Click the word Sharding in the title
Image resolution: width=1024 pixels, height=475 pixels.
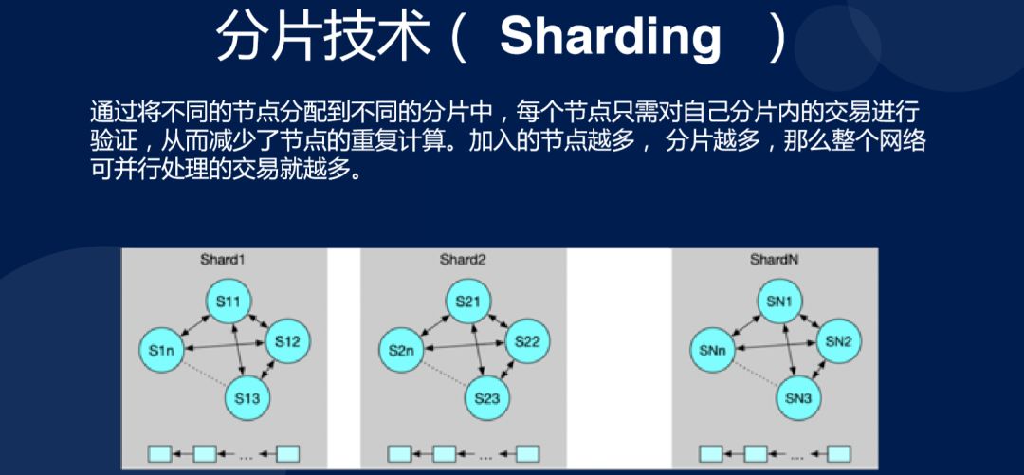pos(610,36)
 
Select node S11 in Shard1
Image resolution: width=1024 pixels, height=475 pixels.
pos(229,301)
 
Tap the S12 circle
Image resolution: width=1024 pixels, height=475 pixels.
pos(288,341)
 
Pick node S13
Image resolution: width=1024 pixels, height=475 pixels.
pos(248,398)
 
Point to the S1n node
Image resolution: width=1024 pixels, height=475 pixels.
pos(161,351)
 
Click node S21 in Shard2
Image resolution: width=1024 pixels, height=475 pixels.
pos(468,301)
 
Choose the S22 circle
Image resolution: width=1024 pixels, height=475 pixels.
pos(527,341)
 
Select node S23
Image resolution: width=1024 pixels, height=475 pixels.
pos(487,398)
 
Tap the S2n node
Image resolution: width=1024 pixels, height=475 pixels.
pos(401,351)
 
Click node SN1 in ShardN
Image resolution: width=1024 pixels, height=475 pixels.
pos(780,301)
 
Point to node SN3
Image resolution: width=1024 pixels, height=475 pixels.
pos(799,398)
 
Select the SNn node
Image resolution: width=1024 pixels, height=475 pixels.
pos(712,351)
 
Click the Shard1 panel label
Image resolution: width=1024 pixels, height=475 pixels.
pos(223,259)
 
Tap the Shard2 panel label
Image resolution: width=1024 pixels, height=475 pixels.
pos(463,259)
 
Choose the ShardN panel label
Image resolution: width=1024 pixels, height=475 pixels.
pos(774,259)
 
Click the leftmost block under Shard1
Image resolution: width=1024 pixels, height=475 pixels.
pos(158,453)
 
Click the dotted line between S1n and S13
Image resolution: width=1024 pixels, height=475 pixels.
pos(204,374)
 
